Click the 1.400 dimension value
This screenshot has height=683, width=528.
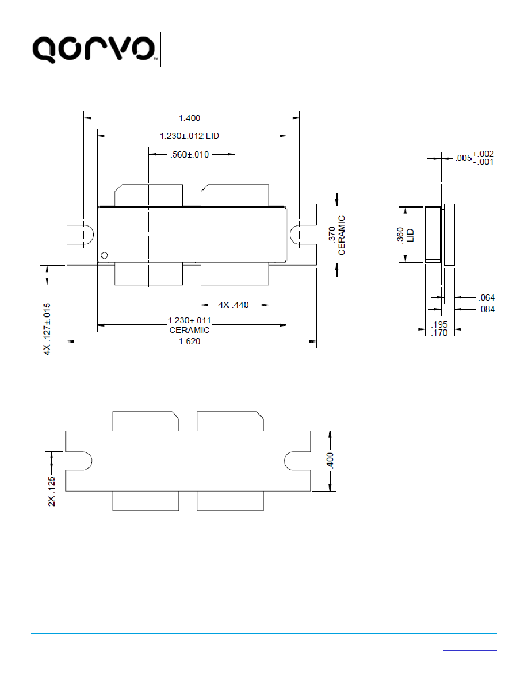click(189, 118)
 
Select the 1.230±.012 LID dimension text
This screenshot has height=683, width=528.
click(189, 136)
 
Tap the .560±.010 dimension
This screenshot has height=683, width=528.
click(189, 155)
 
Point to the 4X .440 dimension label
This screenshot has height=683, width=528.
click(234, 305)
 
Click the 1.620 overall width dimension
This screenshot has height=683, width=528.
click(189, 341)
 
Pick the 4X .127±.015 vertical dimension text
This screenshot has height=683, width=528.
click(47, 329)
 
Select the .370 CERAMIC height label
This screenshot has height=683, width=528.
click(336, 235)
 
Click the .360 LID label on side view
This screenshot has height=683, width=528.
click(405, 235)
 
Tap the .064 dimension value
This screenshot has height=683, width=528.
click(487, 298)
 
